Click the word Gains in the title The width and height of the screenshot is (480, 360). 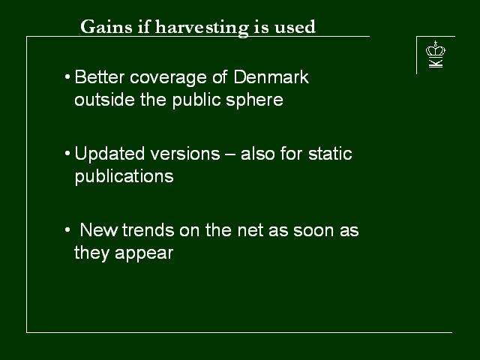coord(106,27)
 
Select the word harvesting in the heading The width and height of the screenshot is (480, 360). coord(202,28)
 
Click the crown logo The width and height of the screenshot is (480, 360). coord(436,49)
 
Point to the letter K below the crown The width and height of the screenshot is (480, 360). coord(436,63)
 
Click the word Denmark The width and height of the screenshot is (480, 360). coord(271,76)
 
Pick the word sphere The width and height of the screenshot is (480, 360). coord(254,100)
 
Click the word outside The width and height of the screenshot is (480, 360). coord(104,100)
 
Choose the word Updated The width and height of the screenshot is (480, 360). coord(109,154)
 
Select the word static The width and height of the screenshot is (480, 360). coord(330,154)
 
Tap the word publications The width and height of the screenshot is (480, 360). coord(124,177)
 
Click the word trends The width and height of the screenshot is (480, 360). coord(148,230)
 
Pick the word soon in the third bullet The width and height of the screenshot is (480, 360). coord(313,231)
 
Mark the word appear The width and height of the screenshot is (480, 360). coord(144,253)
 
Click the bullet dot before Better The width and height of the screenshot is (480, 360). coord(67,76)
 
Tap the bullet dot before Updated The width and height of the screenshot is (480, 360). coord(67,153)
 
